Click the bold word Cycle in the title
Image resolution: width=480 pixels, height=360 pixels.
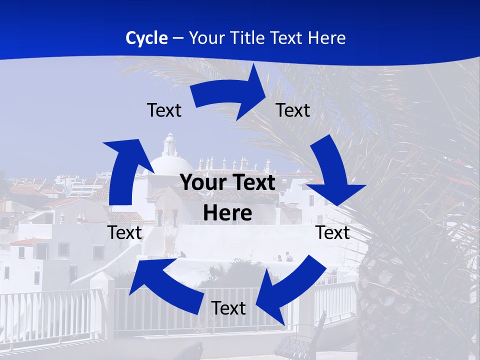pos(146,38)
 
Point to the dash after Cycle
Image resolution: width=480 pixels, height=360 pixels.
pos(178,38)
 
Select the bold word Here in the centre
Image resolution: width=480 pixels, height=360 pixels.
pos(227,213)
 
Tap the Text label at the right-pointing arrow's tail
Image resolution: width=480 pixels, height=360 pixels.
pos(164,110)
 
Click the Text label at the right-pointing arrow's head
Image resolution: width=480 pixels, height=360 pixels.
pos(293,110)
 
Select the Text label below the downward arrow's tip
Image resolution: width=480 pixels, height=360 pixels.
pos(332,232)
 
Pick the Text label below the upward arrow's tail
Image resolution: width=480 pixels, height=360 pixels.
pos(124,232)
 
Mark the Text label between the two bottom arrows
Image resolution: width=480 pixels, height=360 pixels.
pos(228,308)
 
